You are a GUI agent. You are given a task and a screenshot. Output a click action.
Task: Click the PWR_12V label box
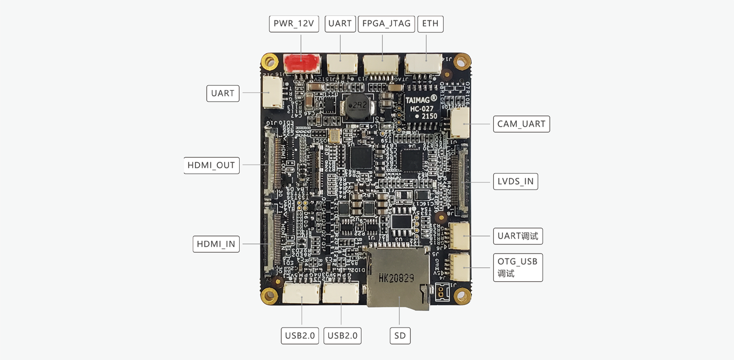(x=294, y=24)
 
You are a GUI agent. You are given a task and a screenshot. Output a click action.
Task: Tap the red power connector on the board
(x=301, y=64)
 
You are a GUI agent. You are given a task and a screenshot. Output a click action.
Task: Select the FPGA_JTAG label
(x=386, y=24)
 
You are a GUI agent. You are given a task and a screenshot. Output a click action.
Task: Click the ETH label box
(x=430, y=24)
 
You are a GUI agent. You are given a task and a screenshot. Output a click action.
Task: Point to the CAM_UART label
(x=521, y=124)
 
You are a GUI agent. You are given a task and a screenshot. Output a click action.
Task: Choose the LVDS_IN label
(x=515, y=182)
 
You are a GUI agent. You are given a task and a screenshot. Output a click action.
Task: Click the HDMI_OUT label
(x=211, y=166)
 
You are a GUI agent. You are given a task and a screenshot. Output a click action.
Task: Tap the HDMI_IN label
(x=216, y=244)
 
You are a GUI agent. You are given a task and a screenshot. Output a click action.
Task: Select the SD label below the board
(x=400, y=336)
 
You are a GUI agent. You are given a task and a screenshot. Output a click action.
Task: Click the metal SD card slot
(x=398, y=278)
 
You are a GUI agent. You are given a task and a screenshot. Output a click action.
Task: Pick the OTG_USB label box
(x=517, y=267)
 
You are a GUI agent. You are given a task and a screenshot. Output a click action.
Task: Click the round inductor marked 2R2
(x=357, y=107)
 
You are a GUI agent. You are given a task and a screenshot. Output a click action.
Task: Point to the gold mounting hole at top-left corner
(x=271, y=62)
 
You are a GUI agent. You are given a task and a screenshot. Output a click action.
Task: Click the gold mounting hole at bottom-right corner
(x=461, y=295)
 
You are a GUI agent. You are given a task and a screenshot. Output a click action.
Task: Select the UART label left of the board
(x=223, y=94)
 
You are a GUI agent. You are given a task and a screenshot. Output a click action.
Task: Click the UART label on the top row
(x=340, y=24)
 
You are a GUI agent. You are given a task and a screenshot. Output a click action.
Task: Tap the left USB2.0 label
(x=300, y=336)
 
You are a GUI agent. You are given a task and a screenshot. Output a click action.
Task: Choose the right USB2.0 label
(x=342, y=336)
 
